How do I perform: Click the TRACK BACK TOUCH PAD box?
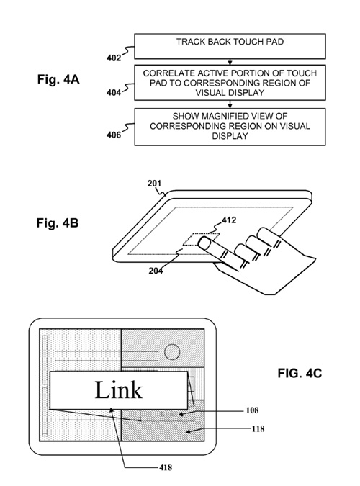pyautogui.click(x=230, y=46)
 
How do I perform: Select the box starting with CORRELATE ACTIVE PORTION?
pyautogui.click(x=230, y=83)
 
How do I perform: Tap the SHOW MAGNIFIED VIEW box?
pyautogui.click(x=230, y=127)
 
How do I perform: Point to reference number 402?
pyautogui.click(x=114, y=58)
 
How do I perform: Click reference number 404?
pyautogui.click(x=114, y=92)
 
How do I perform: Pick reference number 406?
pyautogui.click(x=114, y=135)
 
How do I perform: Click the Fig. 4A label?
pyautogui.click(x=58, y=79)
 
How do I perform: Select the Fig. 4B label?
pyautogui.click(x=58, y=223)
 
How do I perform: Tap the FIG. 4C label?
pyautogui.click(x=300, y=373)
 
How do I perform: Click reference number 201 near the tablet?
pyautogui.click(x=154, y=184)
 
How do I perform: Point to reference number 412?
pyautogui.click(x=229, y=220)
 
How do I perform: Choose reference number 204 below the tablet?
pyautogui.click(x=156, y=271)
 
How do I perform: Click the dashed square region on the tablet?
pyautogui.click(x=202, y=239)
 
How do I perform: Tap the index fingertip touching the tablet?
pyautogui.click(x=204, y=242)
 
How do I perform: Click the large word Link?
pyautogui.click(x=119, y=390)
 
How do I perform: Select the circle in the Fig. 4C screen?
pyautogui.click(x=172, y=352)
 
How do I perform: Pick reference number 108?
pyautogui.click(x=252, y=410)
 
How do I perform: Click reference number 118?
pyautogui.click(x=258, y=429)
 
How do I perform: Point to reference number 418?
pyautogui.click(x=166, y=467)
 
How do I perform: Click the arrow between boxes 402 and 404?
pyautogui.click(x=230, y=62)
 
